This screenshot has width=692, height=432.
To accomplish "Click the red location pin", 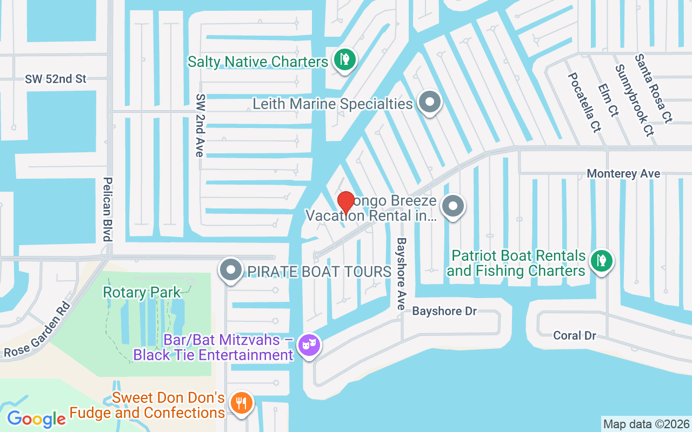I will pyautogui.click(x=345, y=203).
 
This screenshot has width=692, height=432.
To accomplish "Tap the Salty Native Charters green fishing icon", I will pyautogui.click(x=344, y=59).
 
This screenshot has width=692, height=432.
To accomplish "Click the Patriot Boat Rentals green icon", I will pyautogui.click(x=601, y=260).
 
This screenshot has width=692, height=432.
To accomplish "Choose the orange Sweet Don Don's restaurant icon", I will pyautogui.click(x=241, y=403).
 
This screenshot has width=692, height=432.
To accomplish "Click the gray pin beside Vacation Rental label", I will pyautogui.click(x=453, y=206).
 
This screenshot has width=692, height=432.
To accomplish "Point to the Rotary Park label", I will pyautogui.click(x=142, y=293).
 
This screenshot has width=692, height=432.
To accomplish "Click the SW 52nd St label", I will pyautogui.click(x=56, y=79).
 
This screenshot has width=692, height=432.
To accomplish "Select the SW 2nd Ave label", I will pyautogui.click(x=200, y=125).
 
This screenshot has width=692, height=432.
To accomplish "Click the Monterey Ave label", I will pyautogui.click(x=623, y=174).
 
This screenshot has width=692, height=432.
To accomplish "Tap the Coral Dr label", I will pyautogui.click(x=575, y=335).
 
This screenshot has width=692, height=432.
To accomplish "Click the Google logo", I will pyautogui.click(x=36, y=419).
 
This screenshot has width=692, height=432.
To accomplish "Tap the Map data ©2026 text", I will pyautogui.click(x=646, y=424).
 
